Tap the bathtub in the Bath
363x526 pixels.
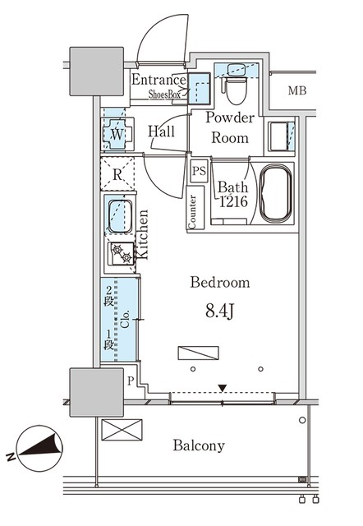coord(275,194)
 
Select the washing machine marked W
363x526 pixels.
coord(117,134)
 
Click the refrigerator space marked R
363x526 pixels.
coord(117,174)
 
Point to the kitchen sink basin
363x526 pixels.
coord(120,215)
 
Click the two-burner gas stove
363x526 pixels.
coord(122,253)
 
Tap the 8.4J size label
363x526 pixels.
coord(219,311)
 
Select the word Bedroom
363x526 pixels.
coord(220,283)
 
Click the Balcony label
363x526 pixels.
coord(199,445)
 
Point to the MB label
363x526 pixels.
coord(297,90)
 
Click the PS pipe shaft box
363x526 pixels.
coord(199,171)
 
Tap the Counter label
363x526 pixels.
coord(192,212)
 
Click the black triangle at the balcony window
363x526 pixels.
coord(223,388)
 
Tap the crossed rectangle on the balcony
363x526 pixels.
coord(122,430)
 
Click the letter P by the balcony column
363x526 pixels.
coord(131,381)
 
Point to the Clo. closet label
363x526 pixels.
coord(126,320)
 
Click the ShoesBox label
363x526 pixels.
coord(164,95)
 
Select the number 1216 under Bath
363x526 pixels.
coord(233,201)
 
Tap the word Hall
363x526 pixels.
coord(161,131)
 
